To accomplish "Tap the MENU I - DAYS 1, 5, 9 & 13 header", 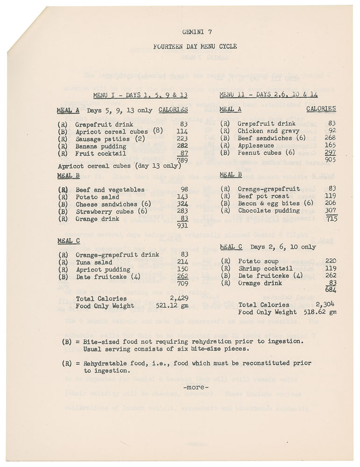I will tap(140, 95).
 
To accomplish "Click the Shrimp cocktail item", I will tap(265, 269).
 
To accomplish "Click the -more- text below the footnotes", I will tap(196, 387).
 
